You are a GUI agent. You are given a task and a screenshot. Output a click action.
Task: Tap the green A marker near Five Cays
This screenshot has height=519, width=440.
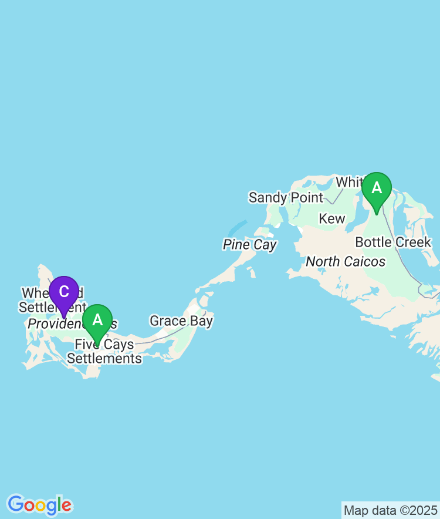point(97,320)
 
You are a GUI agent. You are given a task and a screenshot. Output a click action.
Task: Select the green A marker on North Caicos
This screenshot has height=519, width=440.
point(377,188)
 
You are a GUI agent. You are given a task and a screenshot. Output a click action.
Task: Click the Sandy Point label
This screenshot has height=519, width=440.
point(286,197)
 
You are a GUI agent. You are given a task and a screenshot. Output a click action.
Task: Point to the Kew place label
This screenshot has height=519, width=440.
point(331,219)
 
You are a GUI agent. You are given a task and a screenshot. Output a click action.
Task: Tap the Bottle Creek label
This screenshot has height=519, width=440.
point(393,242)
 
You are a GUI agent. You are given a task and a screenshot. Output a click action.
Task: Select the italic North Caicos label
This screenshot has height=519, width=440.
point(346,261)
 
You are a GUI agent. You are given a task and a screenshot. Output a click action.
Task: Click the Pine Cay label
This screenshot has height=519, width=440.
point(249,245)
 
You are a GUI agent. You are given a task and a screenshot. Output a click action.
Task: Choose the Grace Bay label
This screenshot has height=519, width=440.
point(181,321)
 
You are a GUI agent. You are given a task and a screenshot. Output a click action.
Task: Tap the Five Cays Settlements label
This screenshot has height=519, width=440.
point(104,352)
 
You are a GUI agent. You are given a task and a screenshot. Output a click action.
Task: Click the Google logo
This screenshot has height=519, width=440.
point(39,504)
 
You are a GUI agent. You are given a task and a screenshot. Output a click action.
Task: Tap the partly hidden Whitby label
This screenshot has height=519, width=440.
point(350,182)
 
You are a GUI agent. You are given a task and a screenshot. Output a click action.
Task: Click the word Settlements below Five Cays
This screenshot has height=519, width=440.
point(104,358)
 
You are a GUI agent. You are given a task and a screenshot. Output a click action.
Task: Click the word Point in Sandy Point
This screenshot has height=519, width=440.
point(307,197)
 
